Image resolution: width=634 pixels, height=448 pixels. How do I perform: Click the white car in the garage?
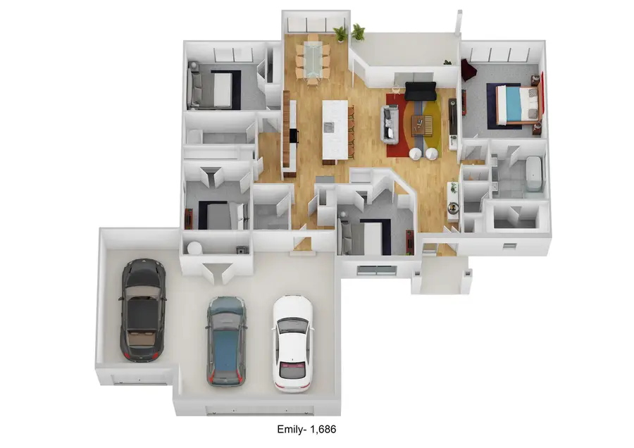tap(293, 344)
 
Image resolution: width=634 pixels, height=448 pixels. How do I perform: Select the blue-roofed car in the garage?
tap(226, 342)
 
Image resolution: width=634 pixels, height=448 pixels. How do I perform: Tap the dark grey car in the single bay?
tap(143, 311)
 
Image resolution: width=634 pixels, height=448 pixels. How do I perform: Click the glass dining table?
tap(313, 58)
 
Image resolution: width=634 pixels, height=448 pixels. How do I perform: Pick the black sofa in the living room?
tap(420, 91)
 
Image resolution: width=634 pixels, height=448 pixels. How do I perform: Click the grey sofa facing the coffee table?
tap(390, 123)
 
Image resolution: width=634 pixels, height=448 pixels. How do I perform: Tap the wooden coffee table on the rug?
tap(422, 125)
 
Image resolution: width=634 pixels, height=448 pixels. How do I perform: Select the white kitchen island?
tap(335, 130)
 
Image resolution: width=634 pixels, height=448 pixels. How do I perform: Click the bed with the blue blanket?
tap(518, 105)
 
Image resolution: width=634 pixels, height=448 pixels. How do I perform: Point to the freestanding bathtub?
tap(534, 173)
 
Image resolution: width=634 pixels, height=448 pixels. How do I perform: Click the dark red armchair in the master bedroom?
tap(468, 70)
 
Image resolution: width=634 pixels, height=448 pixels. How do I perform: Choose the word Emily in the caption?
tap(290, 429)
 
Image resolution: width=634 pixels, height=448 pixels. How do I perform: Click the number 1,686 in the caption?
tap(323, 429)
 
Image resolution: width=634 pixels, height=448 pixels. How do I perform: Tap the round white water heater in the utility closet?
tap(194, 248)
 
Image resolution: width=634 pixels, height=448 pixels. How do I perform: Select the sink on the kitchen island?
tap(328, 127)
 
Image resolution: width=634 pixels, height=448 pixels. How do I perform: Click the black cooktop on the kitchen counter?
tap(294, 136)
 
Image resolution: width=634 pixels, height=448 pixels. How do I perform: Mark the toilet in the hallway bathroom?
tap(194, 136)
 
